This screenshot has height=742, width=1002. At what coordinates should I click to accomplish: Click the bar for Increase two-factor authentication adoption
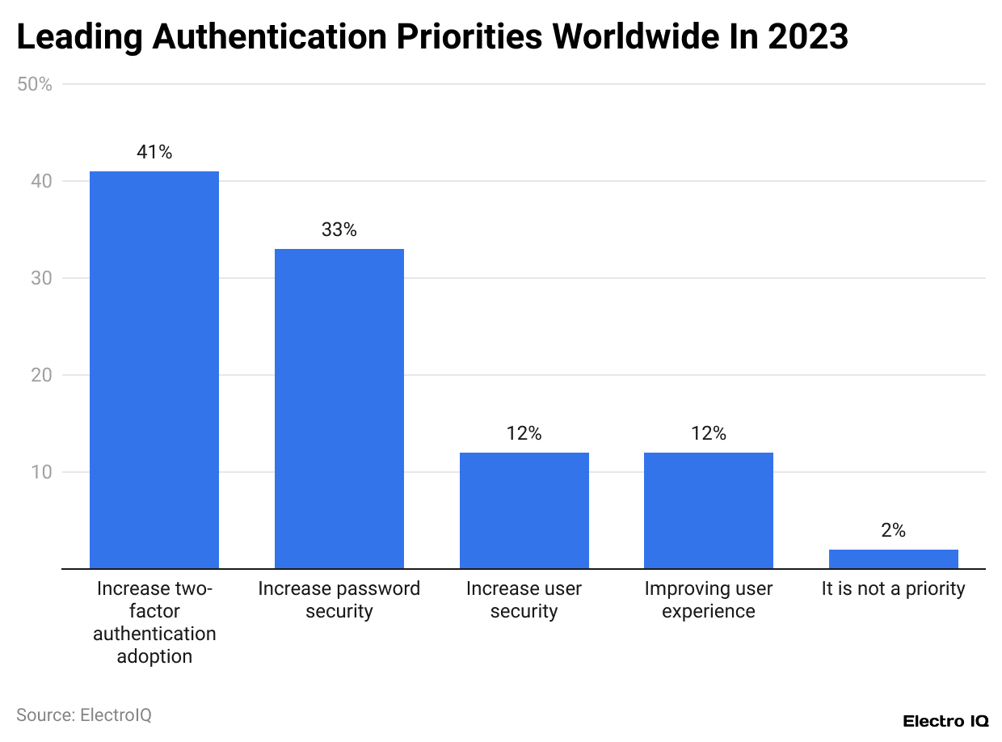tap(154, 369)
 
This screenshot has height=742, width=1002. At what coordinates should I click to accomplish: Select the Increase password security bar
tap(339, 408)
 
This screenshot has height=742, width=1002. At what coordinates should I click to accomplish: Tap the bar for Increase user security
tap(524, 510)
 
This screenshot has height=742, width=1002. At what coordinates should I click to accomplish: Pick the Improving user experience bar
tap(708, 510)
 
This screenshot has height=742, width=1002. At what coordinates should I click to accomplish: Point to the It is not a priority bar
tap(893, 559)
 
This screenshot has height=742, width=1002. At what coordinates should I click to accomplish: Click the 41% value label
tap(154, 152)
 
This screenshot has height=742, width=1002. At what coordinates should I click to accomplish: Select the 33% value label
tap(339, 230)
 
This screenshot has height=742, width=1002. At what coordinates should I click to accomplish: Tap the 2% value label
tap(893, 530)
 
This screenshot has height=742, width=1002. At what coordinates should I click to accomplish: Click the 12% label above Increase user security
tap(524, 433)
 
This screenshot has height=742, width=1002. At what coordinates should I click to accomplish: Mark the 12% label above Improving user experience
tap(708, 433)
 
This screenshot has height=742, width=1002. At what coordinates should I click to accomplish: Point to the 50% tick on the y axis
tap(35, 84)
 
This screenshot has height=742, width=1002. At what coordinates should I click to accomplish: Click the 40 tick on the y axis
tap(43, 181)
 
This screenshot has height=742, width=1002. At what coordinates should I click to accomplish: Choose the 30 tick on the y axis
tap(43, 278)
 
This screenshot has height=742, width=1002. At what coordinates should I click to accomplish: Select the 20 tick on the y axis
tap(43, 375)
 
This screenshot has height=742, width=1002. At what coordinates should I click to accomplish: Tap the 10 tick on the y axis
tap(43, 472)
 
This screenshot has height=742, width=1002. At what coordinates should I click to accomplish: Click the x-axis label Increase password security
tap(339, 600)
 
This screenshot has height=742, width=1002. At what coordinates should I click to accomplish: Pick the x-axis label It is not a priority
tap(893, 588)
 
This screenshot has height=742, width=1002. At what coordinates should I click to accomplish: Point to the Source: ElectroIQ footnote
tap(84, 715)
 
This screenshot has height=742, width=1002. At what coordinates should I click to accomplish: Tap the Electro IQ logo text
tap(945, 721)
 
